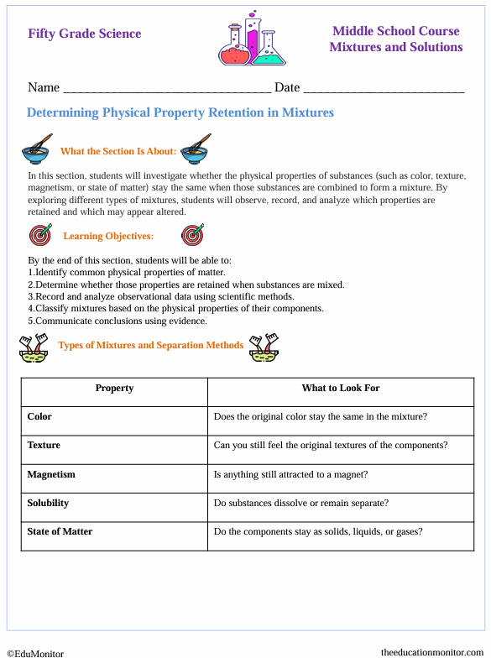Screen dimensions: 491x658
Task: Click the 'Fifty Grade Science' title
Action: click(x=84, y=34)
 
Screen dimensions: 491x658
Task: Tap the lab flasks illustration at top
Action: click(x=247, y=39)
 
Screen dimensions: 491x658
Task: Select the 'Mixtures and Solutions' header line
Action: click(x=395, y=47)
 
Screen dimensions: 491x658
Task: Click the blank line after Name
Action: click(x=167, y=89)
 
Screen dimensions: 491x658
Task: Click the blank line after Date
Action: click(x=383, y=89)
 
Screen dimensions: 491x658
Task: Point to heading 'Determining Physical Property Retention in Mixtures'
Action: click(x=180, y=112)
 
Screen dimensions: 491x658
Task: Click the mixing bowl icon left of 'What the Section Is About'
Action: click(x=38, y=149)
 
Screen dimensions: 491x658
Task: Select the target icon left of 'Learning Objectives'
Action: click(x=39, y=235)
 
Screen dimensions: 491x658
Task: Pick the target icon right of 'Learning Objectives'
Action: click(x=192, y=235)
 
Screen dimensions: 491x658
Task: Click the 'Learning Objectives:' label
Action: click(x=108, y=236)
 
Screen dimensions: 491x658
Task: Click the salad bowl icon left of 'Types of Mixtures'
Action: click(x=34, y=346)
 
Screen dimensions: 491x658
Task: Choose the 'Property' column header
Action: click(x=114, y=388)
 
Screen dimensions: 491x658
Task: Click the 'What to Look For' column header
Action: click(x=341, y=388)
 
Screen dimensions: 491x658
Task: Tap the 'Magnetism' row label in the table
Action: click(x=51, y=474)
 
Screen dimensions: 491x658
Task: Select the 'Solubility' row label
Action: click(x=48, y=503)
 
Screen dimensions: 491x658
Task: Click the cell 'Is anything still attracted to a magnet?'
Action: click(x=290, y=474)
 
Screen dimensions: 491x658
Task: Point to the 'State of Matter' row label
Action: click(x=60, y=531)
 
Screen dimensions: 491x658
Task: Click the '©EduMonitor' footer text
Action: click(x=35, y=652)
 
